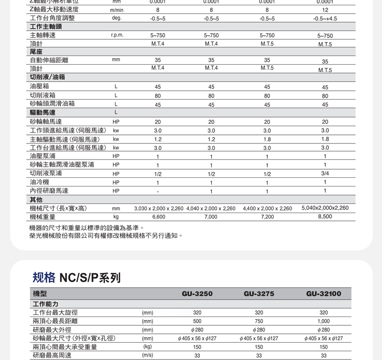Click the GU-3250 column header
click(197, 293)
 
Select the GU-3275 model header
click(259, 293)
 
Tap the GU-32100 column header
click(323, 293)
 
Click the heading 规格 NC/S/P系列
click(76, 277)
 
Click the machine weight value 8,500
click(325, 216)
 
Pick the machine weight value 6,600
click(159, 217)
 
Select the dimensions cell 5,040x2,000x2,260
click(325, 208)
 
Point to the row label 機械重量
click(43, 217)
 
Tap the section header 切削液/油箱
click(47, 77)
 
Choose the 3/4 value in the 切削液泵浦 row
click(325, 173)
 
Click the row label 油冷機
click(39, 182)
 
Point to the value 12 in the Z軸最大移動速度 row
click(325, 10)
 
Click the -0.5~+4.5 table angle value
click(325, 19)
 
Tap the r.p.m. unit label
click(117, 36)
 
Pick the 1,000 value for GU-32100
click(323, 321)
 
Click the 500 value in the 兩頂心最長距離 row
click(197, 321)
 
